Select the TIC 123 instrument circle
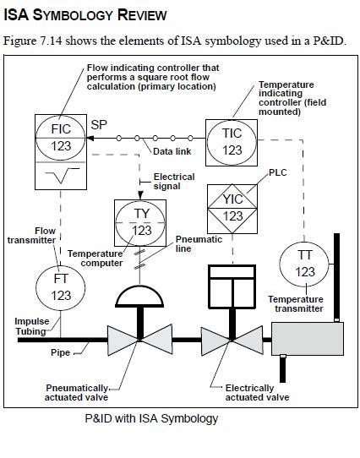coord(232,140)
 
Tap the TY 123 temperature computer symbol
coord(141,221)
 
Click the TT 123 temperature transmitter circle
coord(305,263)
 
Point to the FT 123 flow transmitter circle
coord(61,287)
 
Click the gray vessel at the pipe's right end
coord(308,341)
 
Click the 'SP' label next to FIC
coord(99,123)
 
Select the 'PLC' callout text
coord(278,172)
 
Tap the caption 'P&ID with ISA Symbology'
coord(152,418)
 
